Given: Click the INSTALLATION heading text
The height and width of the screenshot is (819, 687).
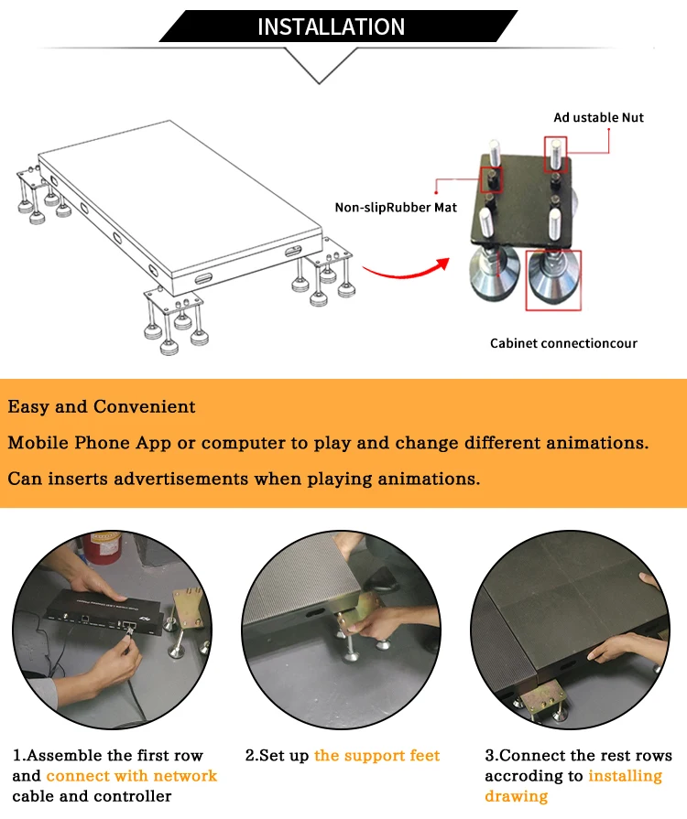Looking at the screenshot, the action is (x=331, y=27).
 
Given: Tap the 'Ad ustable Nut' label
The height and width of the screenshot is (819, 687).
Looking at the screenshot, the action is (x=599, y=117).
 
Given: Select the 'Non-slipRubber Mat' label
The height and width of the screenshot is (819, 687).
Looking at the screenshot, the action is (x=396, y=208).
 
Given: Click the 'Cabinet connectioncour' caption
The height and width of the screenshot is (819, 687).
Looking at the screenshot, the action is (x=563, y=343).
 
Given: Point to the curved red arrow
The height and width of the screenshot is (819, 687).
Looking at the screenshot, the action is (x=408, y=272).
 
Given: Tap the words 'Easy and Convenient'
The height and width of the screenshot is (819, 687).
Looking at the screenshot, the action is (x=102, y=406).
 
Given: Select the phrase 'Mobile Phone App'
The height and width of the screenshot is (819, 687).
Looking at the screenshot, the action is (x=90, y=443).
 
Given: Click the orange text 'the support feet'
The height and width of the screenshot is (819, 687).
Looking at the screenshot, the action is (x=377, y=755).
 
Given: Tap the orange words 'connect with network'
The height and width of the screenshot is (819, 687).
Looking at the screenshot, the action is (x=132, y=776).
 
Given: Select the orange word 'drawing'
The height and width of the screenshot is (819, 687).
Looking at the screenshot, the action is (x=516, y=796).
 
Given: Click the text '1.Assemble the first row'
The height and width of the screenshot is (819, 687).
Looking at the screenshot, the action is (x=108, y=755).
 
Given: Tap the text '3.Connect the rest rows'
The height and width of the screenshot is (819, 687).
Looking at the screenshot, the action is (x=578, y=755).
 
